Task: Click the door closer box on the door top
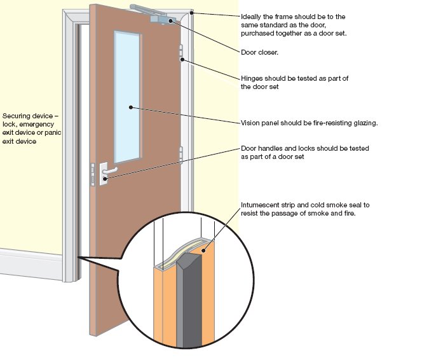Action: click(161, 20)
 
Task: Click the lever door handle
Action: click(107, 171)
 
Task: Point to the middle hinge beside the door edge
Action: click(181, 155)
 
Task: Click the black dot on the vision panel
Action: click(131, 107)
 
